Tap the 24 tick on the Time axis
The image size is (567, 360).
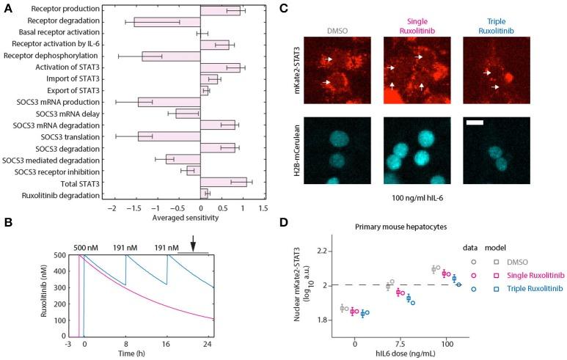click(208, 344)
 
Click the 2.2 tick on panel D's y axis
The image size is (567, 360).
click(321, 251)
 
